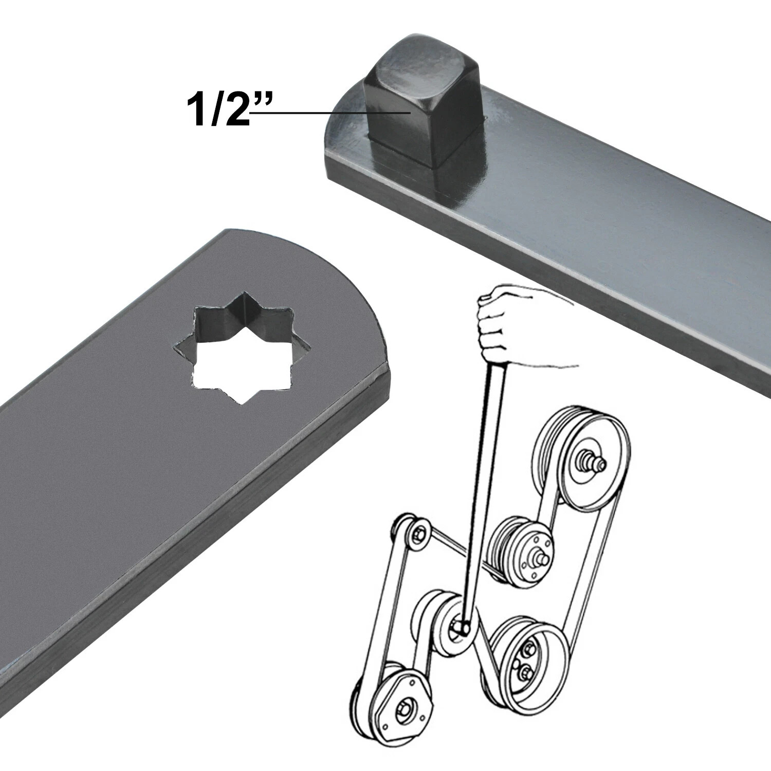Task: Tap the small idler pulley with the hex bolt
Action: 417,535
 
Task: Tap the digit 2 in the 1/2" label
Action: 234,109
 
